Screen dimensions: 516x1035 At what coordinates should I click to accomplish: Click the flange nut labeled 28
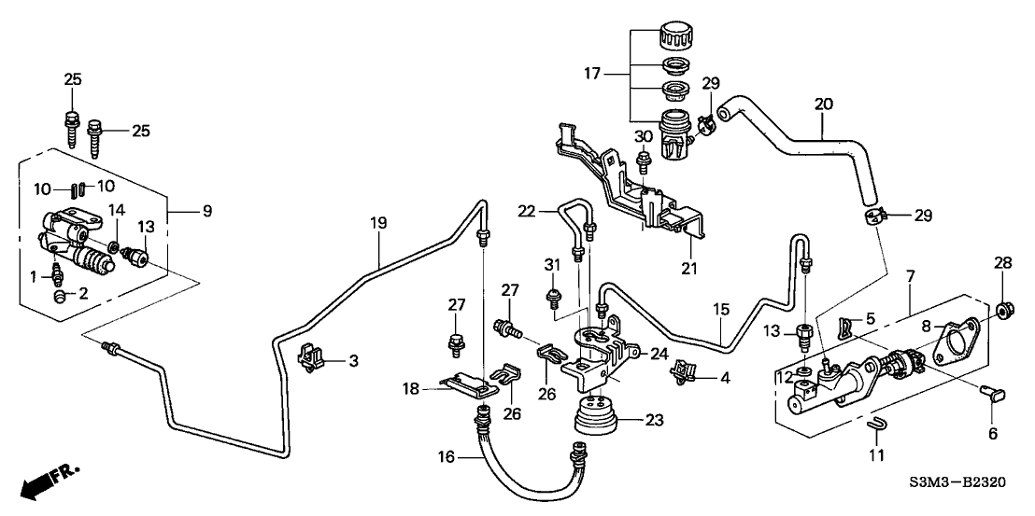click(1007, 310)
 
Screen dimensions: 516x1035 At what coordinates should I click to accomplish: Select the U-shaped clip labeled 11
click(877, 427)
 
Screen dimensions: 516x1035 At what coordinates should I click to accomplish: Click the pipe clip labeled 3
click(308, 357)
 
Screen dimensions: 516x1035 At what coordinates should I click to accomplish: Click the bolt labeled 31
click(553, 299)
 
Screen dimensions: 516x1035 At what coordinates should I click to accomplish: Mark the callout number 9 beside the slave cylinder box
click(207, 212)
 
